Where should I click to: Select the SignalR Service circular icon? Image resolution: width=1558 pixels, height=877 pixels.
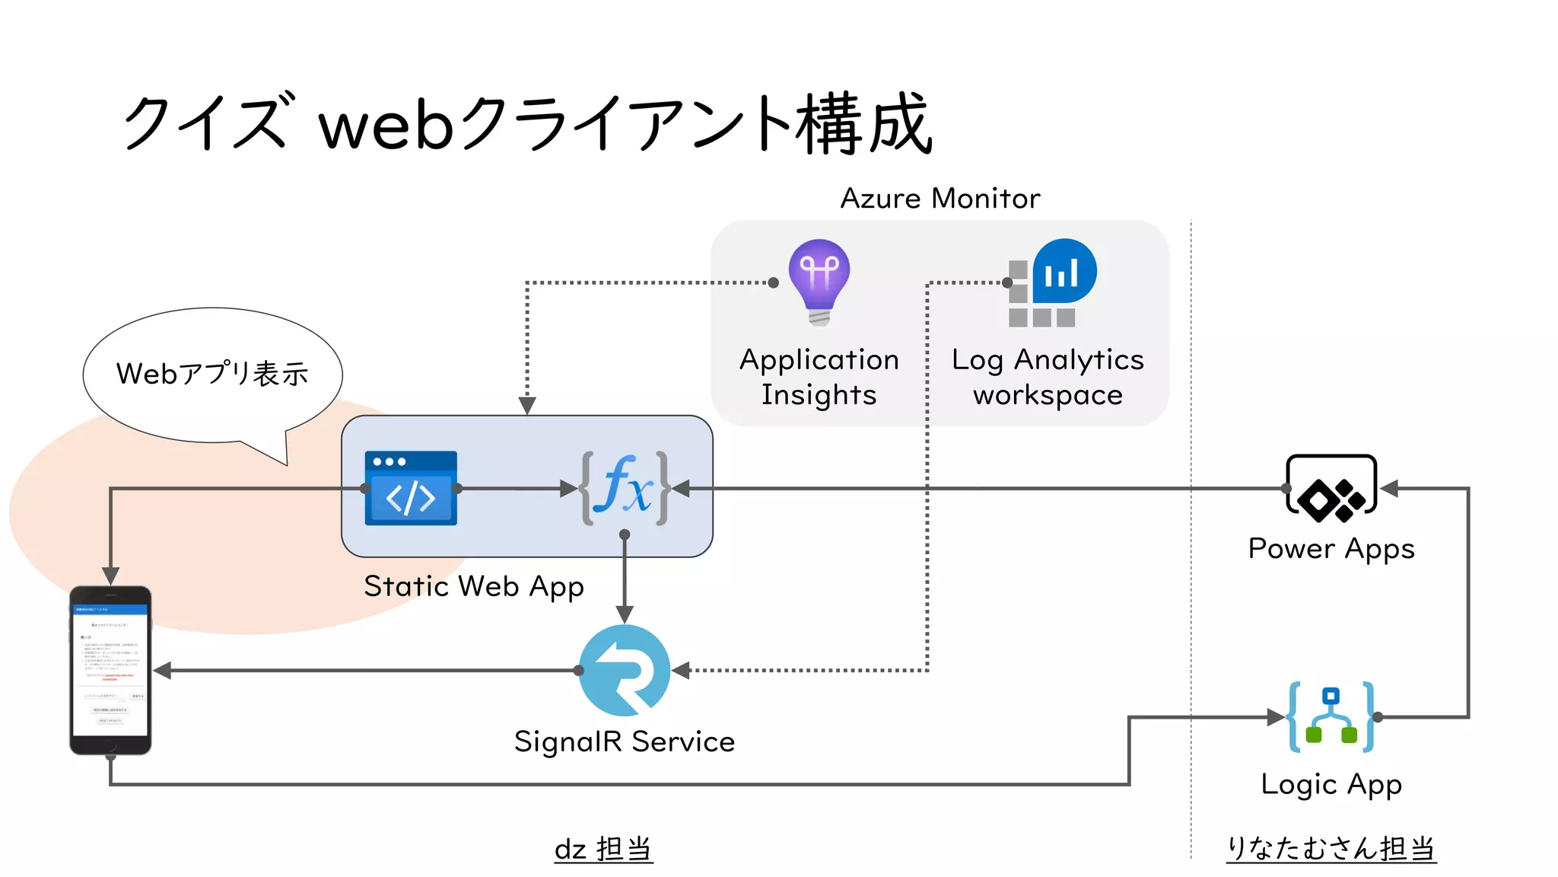[x=625, y=671]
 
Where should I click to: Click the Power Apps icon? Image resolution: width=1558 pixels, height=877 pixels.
[x=1331, y=489]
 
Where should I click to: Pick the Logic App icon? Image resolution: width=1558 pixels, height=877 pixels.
[x=1331, y=717]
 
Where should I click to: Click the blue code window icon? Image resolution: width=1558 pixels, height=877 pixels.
[x=411, y=488]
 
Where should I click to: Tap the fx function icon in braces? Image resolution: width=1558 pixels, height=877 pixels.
[x=625, y=488]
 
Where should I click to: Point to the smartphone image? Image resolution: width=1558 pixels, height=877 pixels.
[x=110, y=671]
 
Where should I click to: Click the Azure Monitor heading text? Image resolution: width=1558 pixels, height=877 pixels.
[x=940, y=199]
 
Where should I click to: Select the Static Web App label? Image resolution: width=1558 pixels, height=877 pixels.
[x=474, y=587]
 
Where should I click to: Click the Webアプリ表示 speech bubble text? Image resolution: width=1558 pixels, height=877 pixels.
[x=212, y=374]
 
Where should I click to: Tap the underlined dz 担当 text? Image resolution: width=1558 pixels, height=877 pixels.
[x=603, y=849]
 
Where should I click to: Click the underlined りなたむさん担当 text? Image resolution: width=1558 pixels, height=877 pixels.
[x=1331, y=849]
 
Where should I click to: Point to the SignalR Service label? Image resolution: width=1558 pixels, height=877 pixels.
[x=625, y=741]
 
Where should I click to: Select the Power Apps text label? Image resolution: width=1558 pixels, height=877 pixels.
[x=1331, y=549]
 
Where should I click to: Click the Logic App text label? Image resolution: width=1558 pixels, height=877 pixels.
[x=1331, y=784]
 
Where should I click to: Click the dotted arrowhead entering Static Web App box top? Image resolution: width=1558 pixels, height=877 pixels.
[x=527, y=406]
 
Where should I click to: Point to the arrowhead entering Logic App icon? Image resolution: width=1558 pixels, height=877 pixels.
[x=1276, y=717]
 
